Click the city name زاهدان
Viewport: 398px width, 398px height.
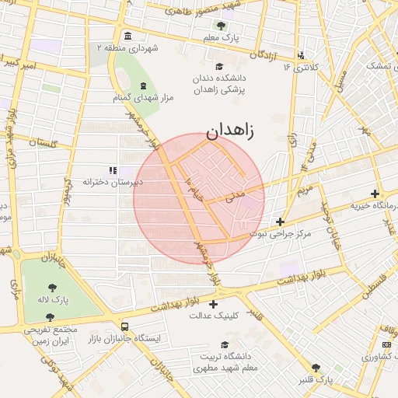click(230, 130)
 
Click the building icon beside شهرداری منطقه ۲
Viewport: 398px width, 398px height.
click(127, 37)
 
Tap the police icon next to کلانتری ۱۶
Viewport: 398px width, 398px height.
click(302, 55)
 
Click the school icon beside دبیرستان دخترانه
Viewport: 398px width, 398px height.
click(113, 169)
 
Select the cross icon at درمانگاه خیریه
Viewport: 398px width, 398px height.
click(375, 194)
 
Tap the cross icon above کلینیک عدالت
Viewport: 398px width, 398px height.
click(214, 304)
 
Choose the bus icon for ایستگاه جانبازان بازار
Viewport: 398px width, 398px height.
click(124, 327)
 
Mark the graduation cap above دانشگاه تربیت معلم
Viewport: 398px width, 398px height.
click(225, 344)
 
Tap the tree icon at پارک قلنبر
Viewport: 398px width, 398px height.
click(315, 367)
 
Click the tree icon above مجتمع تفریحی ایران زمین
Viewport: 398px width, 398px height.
click(50, 318)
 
